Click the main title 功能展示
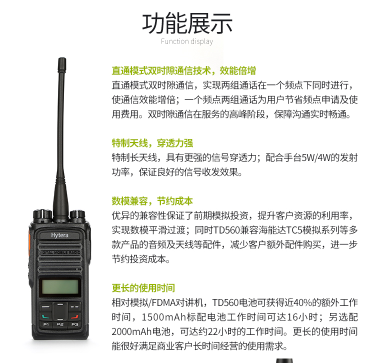[187, 23]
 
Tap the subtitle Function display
[187, 41]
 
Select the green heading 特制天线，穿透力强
[152, 143]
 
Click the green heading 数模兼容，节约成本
[152, 201]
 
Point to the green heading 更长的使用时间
[143, 288]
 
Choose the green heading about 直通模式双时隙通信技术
[183, 70]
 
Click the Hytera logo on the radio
[59, 235]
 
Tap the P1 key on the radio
[46, 324]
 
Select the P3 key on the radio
[74, 324]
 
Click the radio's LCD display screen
[60, 287]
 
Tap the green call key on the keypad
[45, 316]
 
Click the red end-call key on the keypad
[74, 316]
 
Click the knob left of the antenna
[42, 214]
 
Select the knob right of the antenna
[77, 214]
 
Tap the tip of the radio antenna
[62, 58]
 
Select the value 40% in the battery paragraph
[302, 302]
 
